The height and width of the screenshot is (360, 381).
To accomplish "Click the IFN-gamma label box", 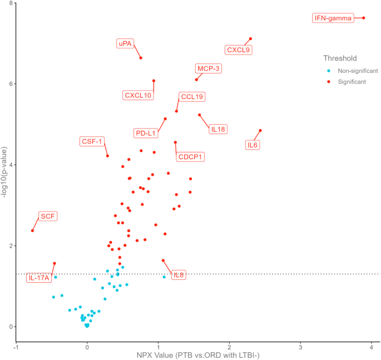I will tap(333, 18).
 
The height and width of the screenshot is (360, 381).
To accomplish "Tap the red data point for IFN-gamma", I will tap(363, 18).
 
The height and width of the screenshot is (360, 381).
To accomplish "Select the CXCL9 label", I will tap(239, 50).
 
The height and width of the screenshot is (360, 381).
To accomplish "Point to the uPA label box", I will tap(125, 43).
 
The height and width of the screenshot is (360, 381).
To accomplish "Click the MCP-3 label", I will tap(209, 68).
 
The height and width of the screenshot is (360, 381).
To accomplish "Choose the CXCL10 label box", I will tap(138, 95).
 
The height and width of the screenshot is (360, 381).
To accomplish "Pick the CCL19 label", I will tap(192, 97).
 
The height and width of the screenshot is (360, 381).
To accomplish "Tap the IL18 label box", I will tap(218, 129).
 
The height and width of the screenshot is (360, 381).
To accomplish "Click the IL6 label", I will tap(253, 145).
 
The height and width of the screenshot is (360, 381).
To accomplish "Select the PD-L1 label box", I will tap(146, 133).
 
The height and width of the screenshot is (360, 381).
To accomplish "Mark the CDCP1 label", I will tap(190, 157).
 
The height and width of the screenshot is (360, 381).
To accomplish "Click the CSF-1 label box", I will tap(92, 141).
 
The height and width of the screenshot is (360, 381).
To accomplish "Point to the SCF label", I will tap(48, 216).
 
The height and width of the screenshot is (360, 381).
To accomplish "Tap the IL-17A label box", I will tap(38, 277).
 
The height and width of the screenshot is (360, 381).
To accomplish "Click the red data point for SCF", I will tap(32, 230).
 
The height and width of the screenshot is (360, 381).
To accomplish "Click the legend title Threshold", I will tap(340, 58).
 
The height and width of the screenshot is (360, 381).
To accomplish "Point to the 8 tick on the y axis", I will tap(11, 3).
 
